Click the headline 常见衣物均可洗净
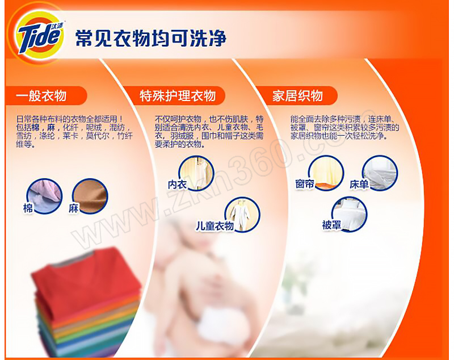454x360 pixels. click(x=150, y=38)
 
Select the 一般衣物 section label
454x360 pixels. click(x=41, y=96)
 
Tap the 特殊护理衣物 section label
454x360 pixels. click(x=178, y=96)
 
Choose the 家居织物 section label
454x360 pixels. click(x=297, y=96)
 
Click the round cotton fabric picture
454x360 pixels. click(x=44, y=196)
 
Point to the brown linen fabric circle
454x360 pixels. click(x=90, y=196)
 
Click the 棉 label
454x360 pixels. click(x=28, y=208)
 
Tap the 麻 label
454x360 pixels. click(x=74, y=208)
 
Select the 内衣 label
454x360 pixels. click(x=177, y=185)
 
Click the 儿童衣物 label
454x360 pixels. click(x=215, y=226)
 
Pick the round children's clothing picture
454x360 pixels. click(x=242, y=215)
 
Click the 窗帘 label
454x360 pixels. click(x=305, y=184)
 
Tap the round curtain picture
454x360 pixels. click(x=326, y=173)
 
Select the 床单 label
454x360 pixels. click(x=359, y=185)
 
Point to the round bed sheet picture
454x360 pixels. click(x=380, y=173)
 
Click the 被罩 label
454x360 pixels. click(x=331, y=225)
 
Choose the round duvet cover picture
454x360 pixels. click(x=349, y=214)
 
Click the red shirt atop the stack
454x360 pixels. click(x=87, y=278)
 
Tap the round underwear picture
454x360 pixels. click(x=196, y=174)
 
